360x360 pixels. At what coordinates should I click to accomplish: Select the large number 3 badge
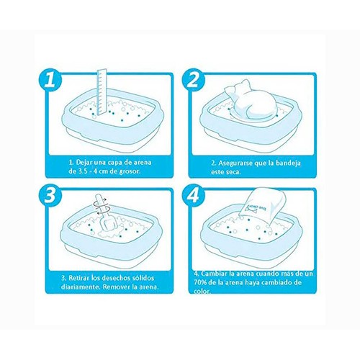coord(50,195)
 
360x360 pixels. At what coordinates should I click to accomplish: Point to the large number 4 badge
coord(193,195)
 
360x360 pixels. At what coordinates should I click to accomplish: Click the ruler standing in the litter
coord(102,91)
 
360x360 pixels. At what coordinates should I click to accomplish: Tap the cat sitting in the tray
coord(252,101)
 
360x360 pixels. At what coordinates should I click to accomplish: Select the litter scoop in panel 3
coord(106,214)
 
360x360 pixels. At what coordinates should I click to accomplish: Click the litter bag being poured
coord(264,206)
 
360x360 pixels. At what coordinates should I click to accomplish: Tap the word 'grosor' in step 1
coord(130,172)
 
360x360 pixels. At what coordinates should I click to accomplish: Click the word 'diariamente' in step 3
coord(77,287)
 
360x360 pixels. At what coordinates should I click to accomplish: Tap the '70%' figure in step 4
coord(199,282)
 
